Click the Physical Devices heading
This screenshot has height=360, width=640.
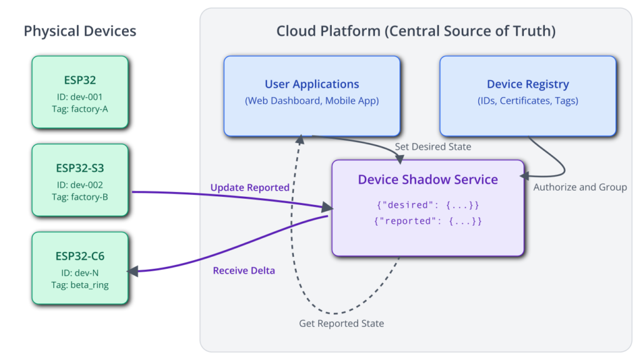pyautogui.click(x=80, y=31)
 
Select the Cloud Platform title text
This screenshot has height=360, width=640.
pyautogui.click(x=416, y=31)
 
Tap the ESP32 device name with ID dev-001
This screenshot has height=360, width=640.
pyautogui.click(x=80, y=80)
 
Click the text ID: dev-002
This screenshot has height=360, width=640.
pyautogui.click(x=80, y=185)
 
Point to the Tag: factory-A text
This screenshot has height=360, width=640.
pyautogui.click(x=80, y=109)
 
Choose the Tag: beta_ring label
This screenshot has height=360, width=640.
pyautogui.click(x=80, y=285)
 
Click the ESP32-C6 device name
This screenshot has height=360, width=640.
pyautogui.click(x=80, y=256)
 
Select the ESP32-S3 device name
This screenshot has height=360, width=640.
pyautogui.click(x=80, y=168)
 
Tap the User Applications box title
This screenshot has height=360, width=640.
pyautogui.click(x=312, y=84)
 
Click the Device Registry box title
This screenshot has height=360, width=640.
pyautogui.click(x=527, y=84)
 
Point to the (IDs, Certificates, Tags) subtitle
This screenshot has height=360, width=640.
pyautogui.click(x=527, y=101)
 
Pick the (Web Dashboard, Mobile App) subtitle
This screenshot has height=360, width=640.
pyautogui.click(x=312, y=101)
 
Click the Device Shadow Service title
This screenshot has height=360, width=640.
pyautogui.click(x=427, y=179)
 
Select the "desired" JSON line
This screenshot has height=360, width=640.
pyautogui.click(x=427, y=205)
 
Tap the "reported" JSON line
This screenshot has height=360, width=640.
pyautogui.click(x=427, y=221)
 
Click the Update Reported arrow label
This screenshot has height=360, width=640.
pyautogui.click(x=250, y=187)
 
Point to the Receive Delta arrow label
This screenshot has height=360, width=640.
pyautogui.click(x=244, y=271)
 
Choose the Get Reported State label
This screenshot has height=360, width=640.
pyautogui.click(x=341, y=324)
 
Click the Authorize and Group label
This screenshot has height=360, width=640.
pyautogui.click(x=580, y=187)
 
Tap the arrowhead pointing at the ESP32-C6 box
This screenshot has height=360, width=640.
pyautogui.click(x=132, y=271)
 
